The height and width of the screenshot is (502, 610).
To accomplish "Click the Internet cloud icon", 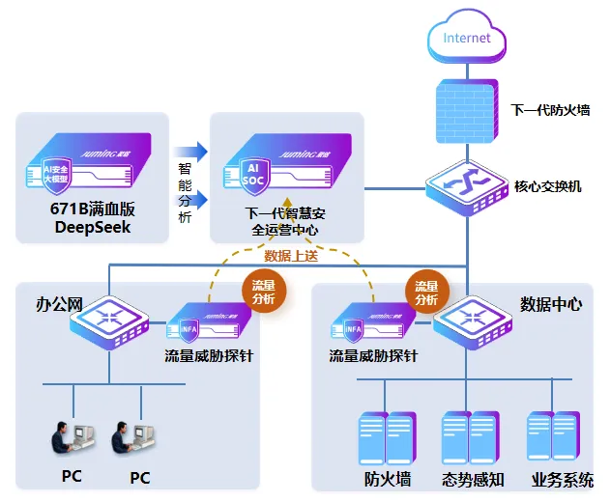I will tap(467, 39).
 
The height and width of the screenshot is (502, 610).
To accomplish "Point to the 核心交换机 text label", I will tap(548, 186).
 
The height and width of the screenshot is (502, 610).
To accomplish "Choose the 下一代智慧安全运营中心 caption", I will tap(284, 221).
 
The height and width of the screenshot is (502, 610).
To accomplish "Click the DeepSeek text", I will tap(92, 228).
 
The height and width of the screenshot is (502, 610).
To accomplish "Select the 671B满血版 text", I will tap(92, 209).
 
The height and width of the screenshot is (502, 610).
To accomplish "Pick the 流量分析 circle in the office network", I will tap(263, 293).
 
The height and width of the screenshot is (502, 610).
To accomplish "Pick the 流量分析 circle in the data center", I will tap(426, 293).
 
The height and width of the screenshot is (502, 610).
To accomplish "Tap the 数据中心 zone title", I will tap(551, 304).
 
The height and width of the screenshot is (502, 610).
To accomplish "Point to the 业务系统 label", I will tap(562, 479).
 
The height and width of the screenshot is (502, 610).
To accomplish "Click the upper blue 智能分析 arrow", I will tap(190, 151).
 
